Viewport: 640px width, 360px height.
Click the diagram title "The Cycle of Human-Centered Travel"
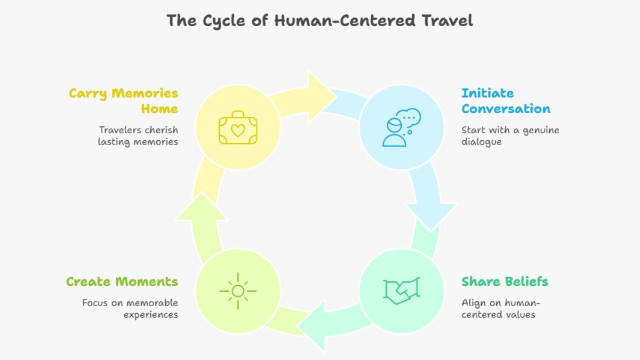(319, 21)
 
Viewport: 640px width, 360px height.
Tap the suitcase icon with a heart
(238, 127)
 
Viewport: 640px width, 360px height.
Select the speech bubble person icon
(402, 127)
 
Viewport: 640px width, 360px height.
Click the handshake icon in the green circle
(402, 291)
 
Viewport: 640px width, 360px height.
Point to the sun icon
(238, 291)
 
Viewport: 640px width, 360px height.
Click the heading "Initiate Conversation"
(506, 101)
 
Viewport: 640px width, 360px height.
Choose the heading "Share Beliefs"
(505, 282)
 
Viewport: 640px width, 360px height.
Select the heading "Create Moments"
(122, 282)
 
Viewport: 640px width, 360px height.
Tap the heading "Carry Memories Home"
(123, 101)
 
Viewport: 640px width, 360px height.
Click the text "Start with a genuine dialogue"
(510, 136)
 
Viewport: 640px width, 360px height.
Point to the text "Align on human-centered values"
(501, 309)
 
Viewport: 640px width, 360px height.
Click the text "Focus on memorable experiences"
(130, 309)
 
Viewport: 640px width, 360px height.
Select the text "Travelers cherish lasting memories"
(138, 136)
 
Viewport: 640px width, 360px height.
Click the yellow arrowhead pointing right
(320, 97)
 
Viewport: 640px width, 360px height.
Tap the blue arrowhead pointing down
(431, 215)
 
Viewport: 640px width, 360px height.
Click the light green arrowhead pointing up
(202, 207)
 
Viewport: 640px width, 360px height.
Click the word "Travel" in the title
(447, 21)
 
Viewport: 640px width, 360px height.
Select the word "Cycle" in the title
(223, 21)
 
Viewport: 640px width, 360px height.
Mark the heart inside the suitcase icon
(238, 131)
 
